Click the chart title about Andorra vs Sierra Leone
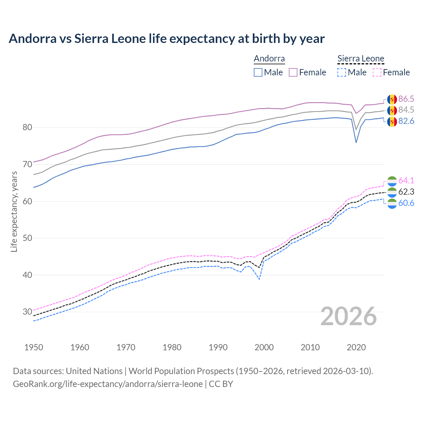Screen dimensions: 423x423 167,39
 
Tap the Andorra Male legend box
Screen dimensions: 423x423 258,72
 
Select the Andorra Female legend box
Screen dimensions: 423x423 293,72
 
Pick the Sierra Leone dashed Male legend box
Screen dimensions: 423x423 342,72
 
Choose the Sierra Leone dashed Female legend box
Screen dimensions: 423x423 377,72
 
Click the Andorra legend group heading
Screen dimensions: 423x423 269,59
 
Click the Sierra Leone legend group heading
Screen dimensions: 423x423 361,59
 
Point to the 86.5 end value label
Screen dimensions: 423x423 406,99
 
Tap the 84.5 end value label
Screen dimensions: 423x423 406,110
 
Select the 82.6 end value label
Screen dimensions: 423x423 406,121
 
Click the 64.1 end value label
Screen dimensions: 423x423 406,180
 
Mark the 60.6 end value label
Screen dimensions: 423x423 406,203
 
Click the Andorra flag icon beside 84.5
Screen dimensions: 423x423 392,110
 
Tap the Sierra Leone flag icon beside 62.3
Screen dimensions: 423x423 392,192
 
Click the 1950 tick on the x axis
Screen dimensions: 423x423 34,347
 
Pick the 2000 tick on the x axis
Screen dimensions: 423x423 264,347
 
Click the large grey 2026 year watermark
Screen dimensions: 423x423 348,316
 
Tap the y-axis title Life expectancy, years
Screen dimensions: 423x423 14,211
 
